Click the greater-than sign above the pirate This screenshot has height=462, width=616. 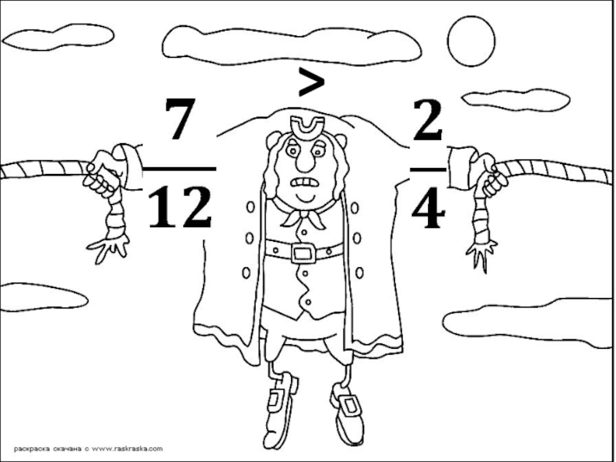click(312, 82)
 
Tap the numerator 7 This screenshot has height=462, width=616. click(180, 119)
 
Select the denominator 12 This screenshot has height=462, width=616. click(180, 207)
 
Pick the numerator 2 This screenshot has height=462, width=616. click(428, 120)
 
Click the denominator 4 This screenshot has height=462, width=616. click(428, 208)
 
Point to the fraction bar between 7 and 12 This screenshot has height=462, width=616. click(179, 169)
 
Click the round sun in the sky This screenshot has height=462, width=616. click(471, 41)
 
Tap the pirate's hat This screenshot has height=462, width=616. click(307, 128)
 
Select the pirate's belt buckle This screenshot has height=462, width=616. click(303, 253)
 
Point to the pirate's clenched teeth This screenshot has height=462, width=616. click(303, 182)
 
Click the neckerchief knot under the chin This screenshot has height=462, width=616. click(303, 214)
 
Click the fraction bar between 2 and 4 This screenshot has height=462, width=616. click(428, 169)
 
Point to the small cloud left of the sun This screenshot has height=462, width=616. click(516, 100)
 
